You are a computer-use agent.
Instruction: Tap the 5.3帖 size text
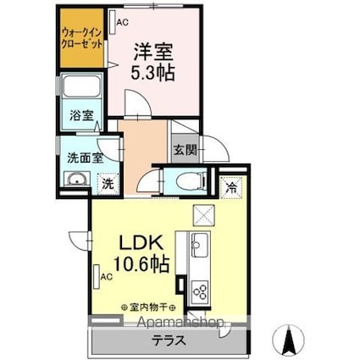(152, 73)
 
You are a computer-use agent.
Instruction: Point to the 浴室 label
(81, 115)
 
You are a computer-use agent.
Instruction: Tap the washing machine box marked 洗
(108, 181)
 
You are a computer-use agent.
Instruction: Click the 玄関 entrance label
(185, 151)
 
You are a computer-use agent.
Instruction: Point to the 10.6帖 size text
(140, 263)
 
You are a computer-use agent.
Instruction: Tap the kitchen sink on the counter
(197, 246)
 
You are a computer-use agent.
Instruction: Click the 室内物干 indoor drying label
(148, 307)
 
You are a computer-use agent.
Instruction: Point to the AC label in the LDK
(106, 276)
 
